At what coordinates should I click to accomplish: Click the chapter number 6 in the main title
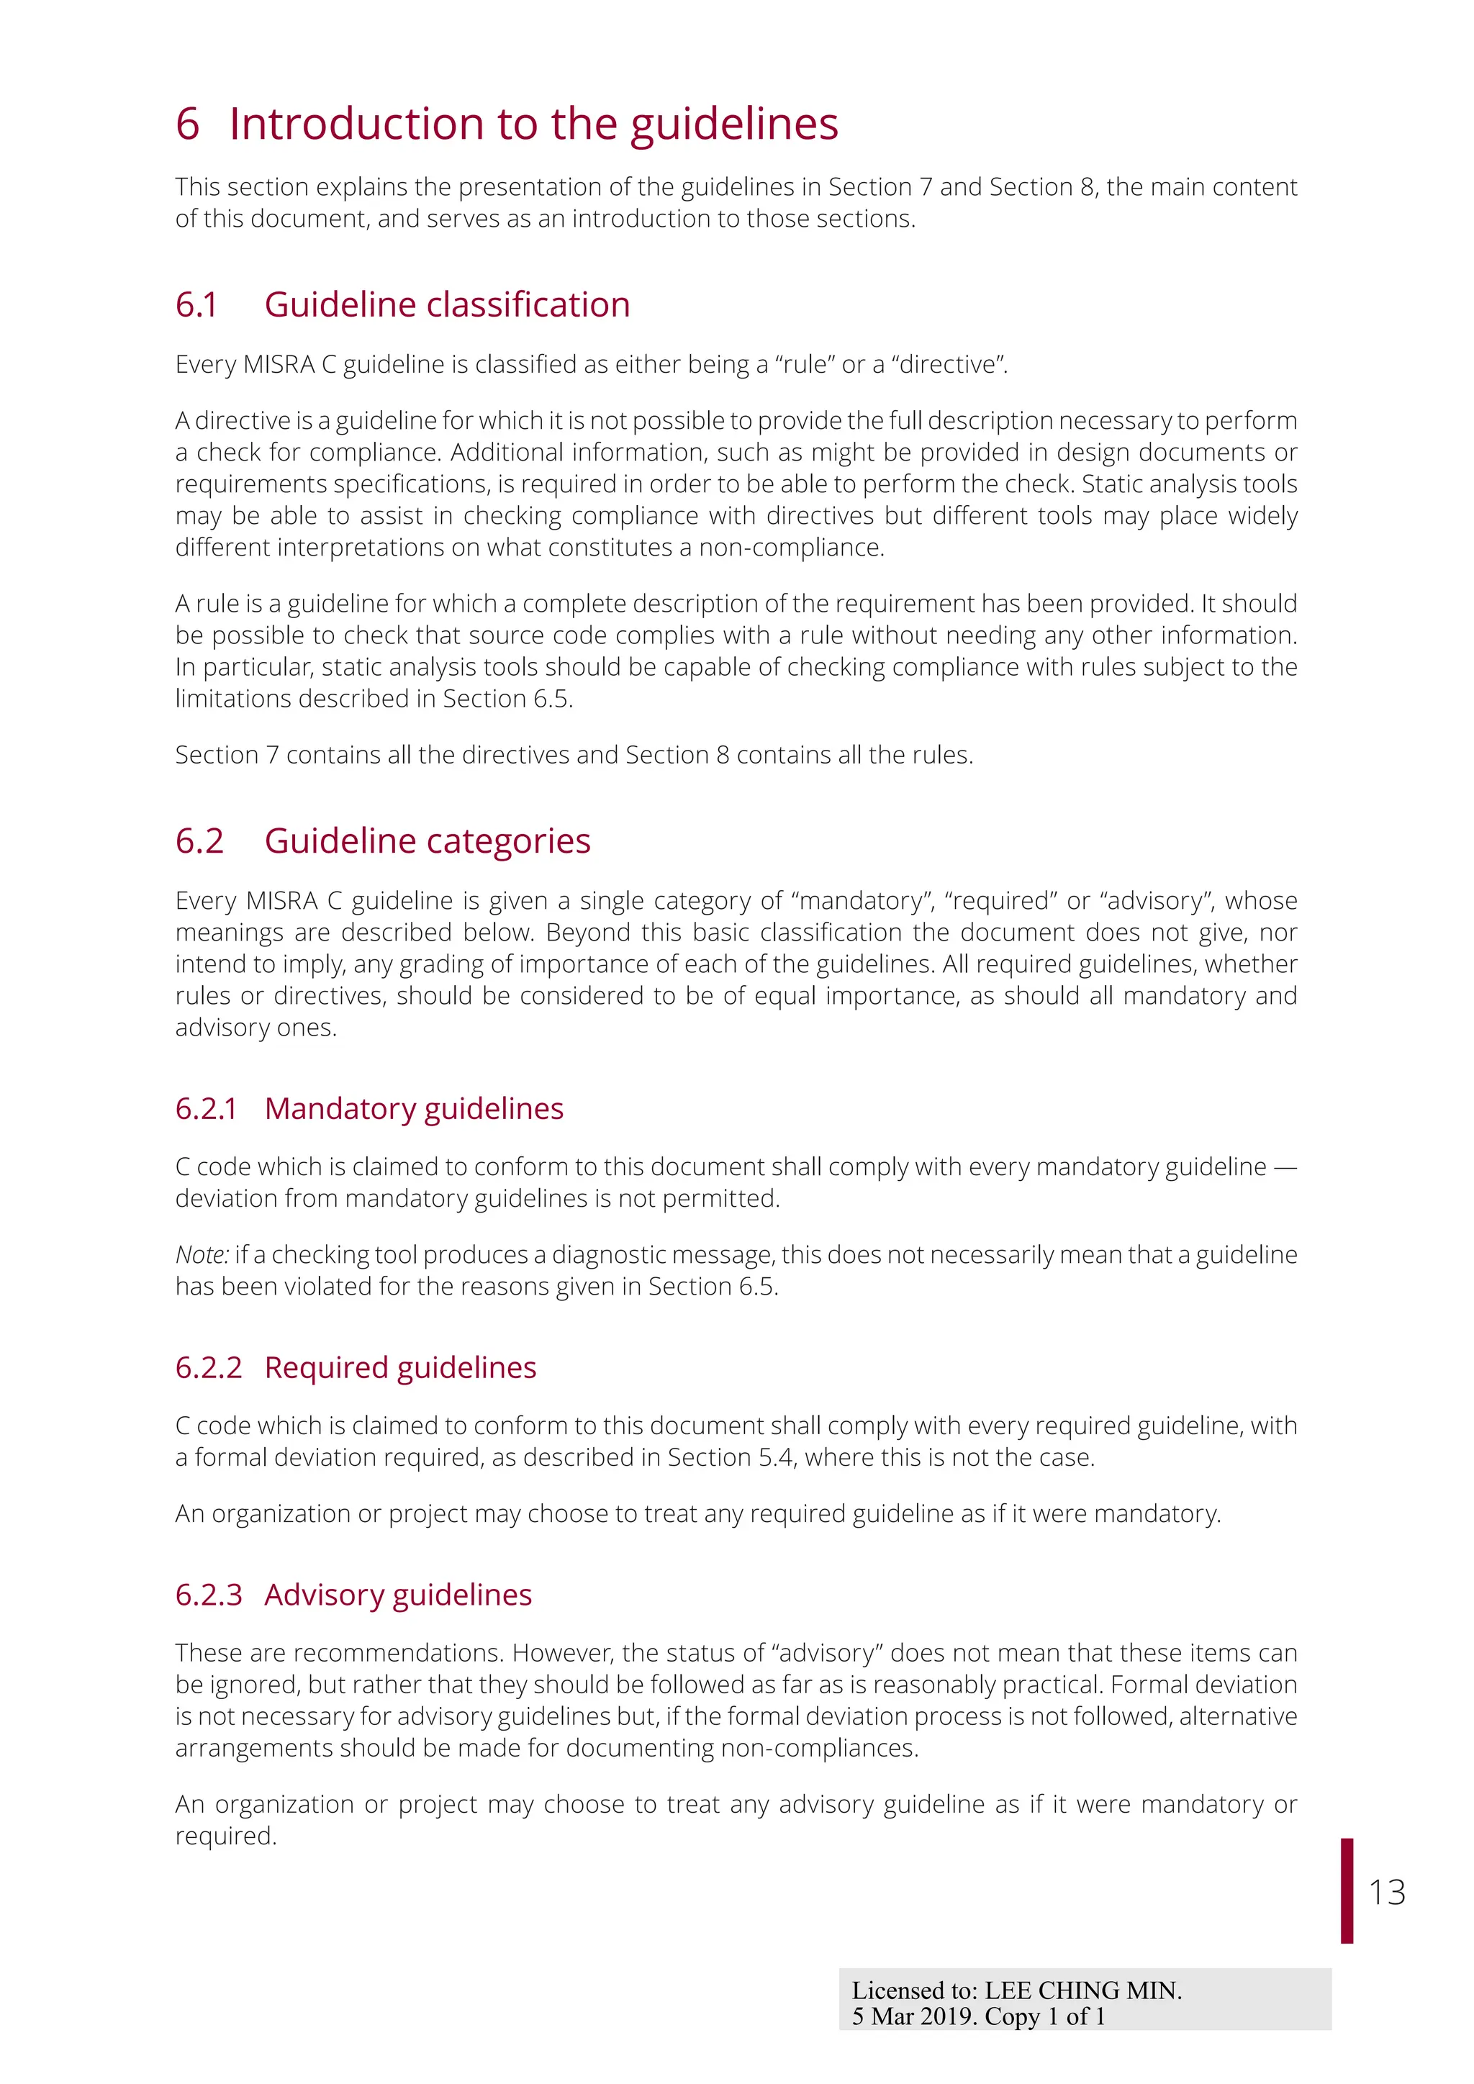tap(187, 124)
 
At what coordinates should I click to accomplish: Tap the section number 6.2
tap(199, 841)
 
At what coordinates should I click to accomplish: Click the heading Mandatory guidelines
tap(414, 1108)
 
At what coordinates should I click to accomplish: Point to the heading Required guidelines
tap(400, 1367)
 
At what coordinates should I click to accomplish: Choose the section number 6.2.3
tap(209, 1594)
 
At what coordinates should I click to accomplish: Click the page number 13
tap(1387, 1892)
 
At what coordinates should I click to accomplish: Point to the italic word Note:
tap(202, 1254)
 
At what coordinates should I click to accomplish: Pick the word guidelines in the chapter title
tap(734, 124)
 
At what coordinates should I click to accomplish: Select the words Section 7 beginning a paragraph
tap(226, 755)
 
